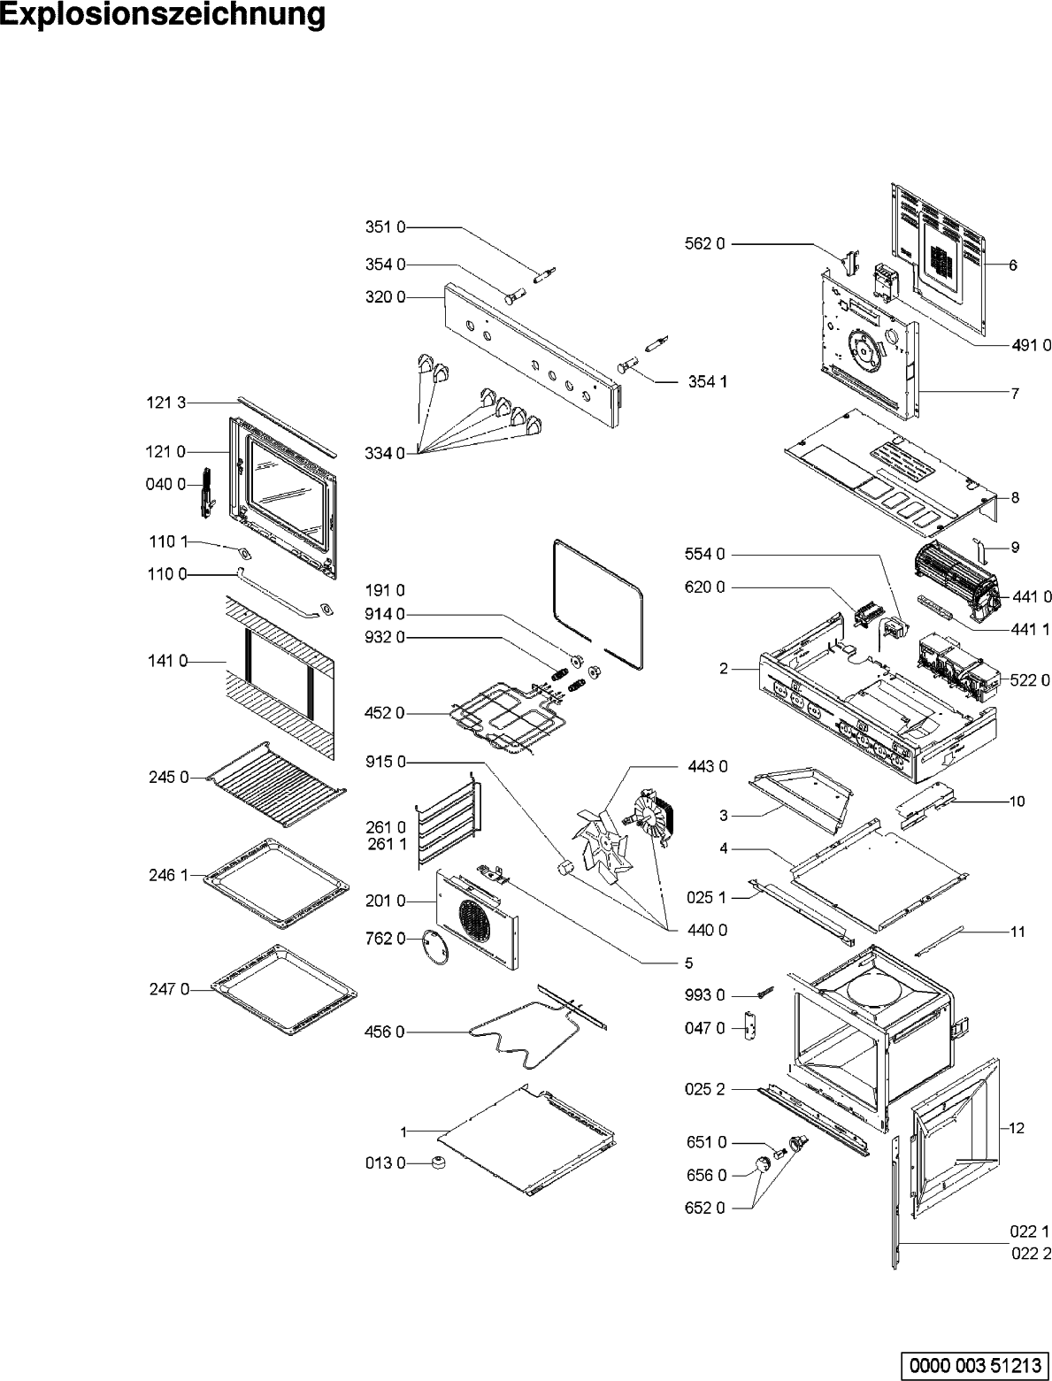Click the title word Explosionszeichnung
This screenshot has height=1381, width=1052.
[163, 16]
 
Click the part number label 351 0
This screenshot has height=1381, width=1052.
[385, 227]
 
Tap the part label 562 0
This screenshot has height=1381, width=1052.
[705, 243]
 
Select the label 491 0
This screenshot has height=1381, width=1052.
[1031, 345]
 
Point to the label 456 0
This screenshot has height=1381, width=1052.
[385, 1032]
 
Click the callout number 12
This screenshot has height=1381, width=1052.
[1016, 1128]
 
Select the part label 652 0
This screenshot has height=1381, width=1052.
[705, 1208]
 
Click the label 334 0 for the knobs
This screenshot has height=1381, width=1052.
[385, 454]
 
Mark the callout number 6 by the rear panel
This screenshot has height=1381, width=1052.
[1013, 265]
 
